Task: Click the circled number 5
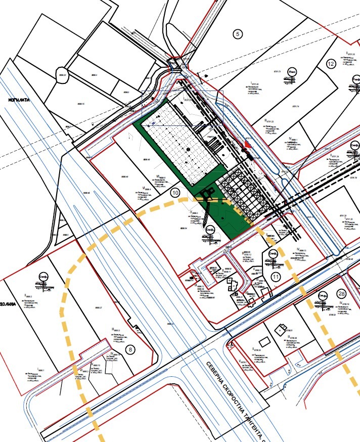(237, 34)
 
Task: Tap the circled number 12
(331, 64)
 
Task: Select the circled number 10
(175, 192)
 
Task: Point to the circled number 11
(276, 277)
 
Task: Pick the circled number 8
(131, 349)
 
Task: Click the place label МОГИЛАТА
(19, 100)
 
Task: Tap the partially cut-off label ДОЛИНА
(9, 304)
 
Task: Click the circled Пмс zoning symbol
(292, 73)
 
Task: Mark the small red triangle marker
(247, 145)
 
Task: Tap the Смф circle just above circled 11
(273, 254)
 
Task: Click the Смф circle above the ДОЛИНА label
(43, 279)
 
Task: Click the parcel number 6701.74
(295, 107)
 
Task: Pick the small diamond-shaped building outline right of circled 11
(280, 330)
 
